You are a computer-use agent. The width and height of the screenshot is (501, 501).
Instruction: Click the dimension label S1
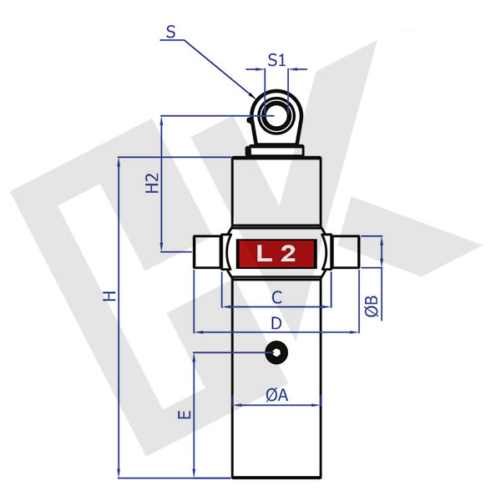tap(276, 60)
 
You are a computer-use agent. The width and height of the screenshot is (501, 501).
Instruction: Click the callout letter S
tap(170, 33)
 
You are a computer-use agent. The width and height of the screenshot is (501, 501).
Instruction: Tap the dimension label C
tap(276, 296)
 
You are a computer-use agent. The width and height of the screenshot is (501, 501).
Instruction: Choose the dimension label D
tap(276, 321)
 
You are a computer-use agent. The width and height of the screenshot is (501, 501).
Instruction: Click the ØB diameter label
tap(373, 306)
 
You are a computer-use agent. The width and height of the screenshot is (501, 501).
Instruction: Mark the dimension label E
tap(185, 414)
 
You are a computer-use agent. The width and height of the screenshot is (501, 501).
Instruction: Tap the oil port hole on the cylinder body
tap(276, 353)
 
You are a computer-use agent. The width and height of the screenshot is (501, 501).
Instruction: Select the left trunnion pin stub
tap(208, 253)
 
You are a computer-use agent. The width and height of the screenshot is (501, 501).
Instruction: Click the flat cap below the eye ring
tap(276, 151)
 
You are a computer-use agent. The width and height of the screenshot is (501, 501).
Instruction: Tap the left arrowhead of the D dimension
tap(199, 332)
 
